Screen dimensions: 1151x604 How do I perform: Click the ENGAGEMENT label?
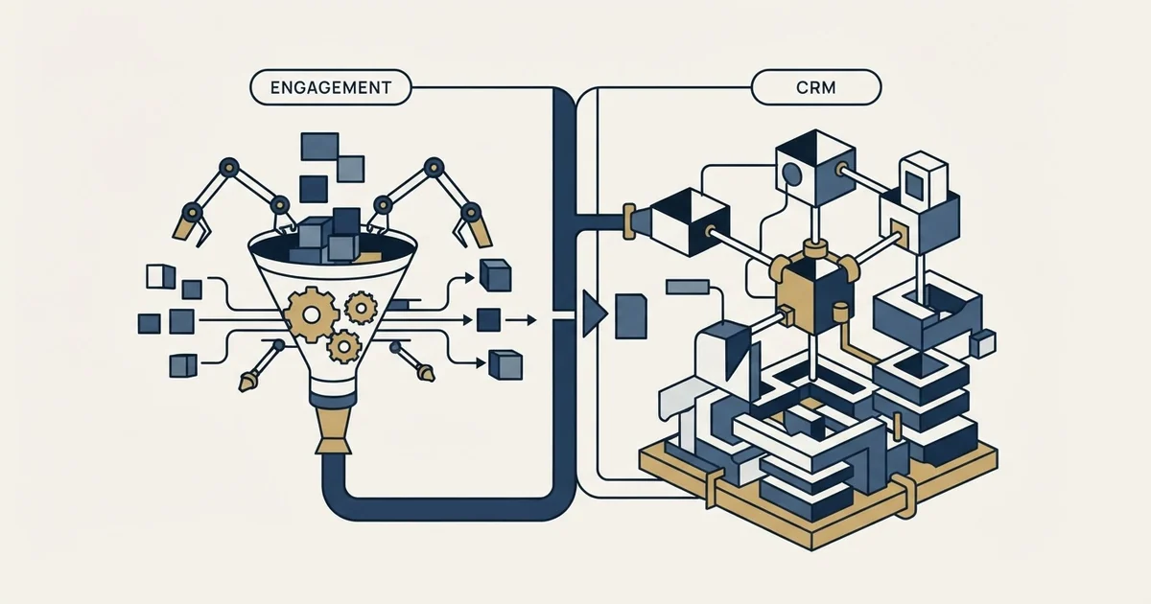pos(330,88)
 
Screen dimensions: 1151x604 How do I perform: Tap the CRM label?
pos(816,88)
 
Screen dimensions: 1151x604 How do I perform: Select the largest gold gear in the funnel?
pos(311,314)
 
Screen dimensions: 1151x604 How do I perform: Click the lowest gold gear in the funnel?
pos(343,347)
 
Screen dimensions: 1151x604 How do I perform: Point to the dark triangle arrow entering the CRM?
pos(595,314)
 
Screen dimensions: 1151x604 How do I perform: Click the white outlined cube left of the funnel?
pos(161,276)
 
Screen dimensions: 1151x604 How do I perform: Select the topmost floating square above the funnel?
pos(319,147)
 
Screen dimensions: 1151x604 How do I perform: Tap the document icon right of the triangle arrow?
pos(630,316)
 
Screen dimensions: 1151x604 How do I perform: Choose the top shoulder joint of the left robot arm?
pos(228,167)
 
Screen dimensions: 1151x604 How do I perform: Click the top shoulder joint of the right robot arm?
pos(435,167)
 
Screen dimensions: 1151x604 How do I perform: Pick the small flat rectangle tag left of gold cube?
pos(688,287)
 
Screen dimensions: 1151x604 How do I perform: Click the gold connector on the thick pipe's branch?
pos(629,221)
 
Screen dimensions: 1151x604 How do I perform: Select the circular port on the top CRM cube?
pos(791,174)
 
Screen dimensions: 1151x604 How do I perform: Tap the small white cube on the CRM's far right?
pos(983,343)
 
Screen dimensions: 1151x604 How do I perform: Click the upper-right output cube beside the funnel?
pos(495,275)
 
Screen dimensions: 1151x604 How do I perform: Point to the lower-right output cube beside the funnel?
pos(505,365)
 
